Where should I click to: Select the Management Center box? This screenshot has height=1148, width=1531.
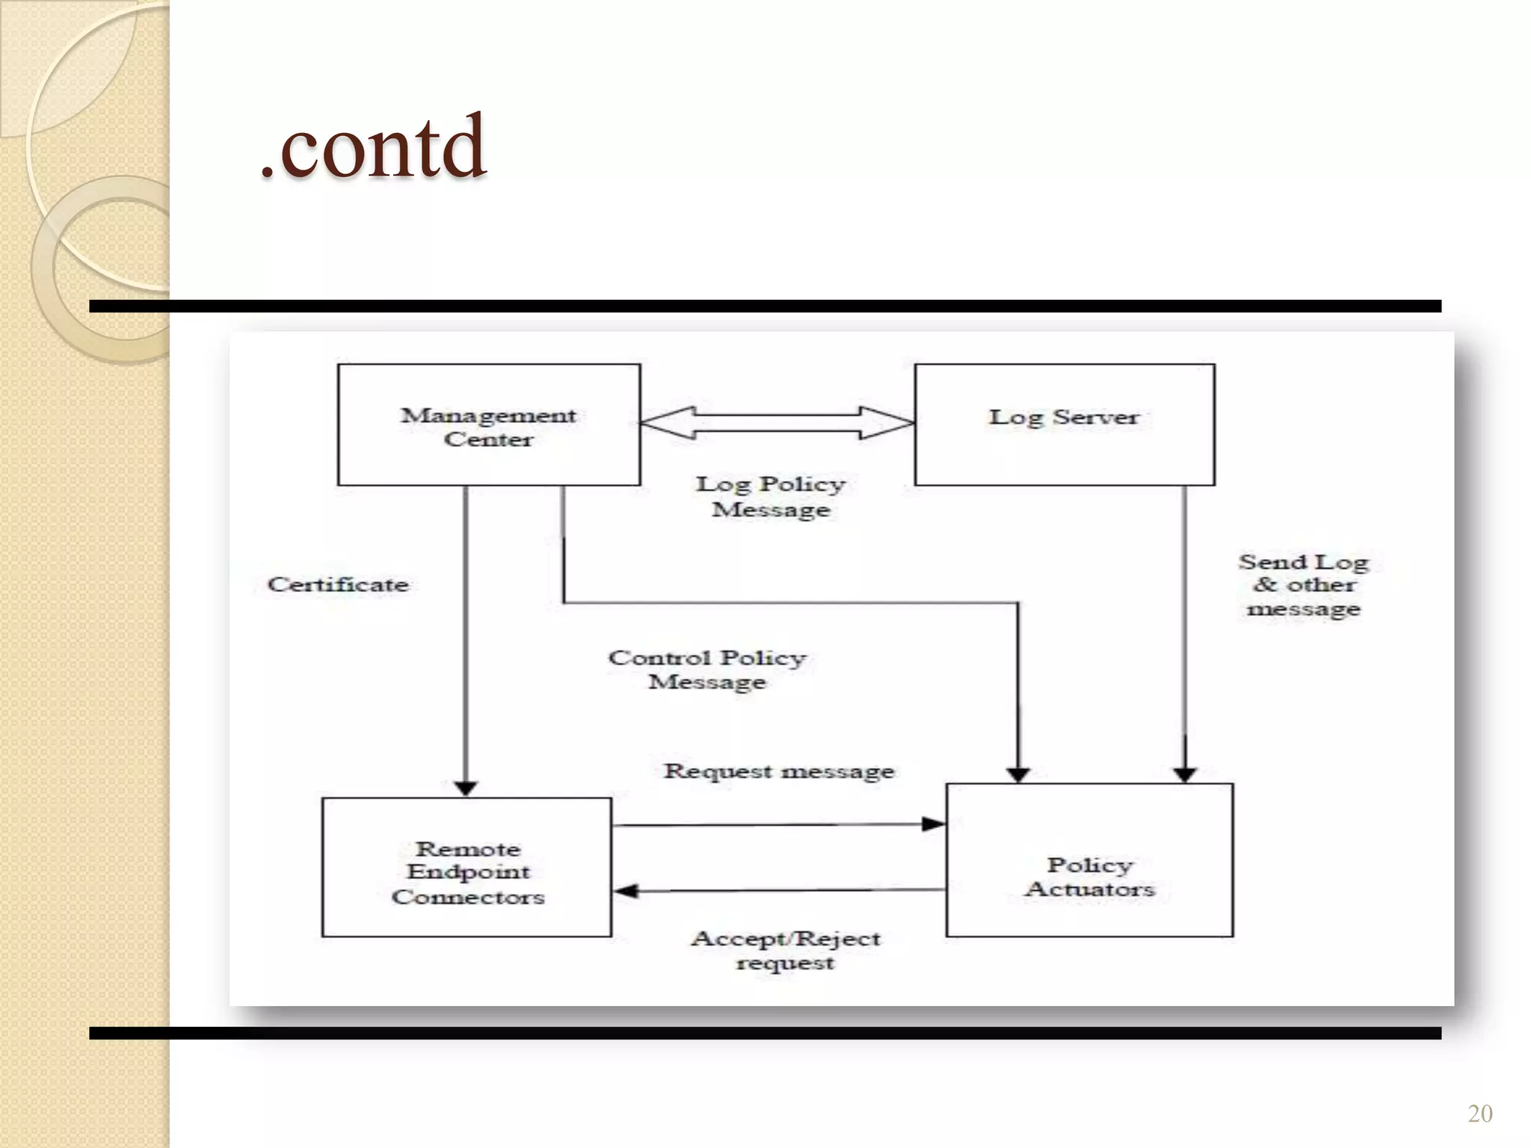click(489, 425)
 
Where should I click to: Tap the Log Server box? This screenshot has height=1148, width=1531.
click(1064, 425)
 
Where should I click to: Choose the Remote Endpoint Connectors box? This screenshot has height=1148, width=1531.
click(466, 867)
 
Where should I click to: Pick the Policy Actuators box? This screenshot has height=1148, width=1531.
click(1089, 860)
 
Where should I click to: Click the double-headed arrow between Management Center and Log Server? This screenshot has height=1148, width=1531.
click(777, 423)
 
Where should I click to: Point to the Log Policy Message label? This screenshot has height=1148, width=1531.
click(771, 496)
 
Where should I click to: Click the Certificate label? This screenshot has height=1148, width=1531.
click(338, 584)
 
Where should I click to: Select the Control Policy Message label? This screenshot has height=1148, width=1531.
click(707, 670)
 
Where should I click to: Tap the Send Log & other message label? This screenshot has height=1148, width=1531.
click(1304, 585)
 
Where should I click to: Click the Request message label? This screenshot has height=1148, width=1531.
click(779, 771)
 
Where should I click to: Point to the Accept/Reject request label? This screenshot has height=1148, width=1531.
click(786, 950)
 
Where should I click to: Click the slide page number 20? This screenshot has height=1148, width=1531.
click(1479, 1113)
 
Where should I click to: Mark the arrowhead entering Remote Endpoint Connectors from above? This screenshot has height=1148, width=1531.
click(466, 789)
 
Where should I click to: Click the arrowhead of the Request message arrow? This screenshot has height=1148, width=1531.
click(934, 824)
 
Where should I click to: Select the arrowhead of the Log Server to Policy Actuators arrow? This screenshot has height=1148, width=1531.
click(1185, 774)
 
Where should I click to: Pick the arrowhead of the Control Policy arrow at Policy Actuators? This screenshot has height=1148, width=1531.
click(1018, 774)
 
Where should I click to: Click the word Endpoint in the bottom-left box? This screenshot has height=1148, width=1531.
click(468, 872)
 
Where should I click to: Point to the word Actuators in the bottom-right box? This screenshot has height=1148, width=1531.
click(1091, 889)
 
